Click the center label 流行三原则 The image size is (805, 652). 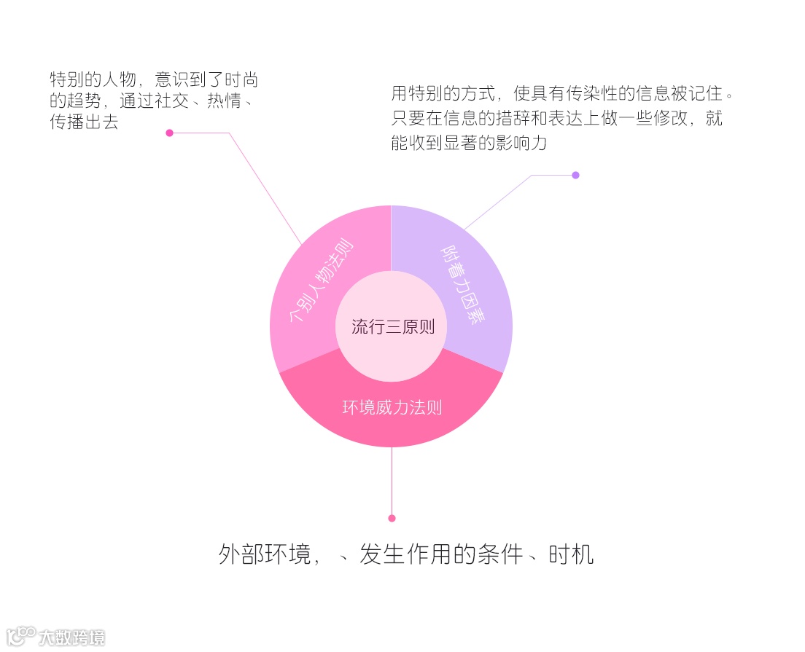click(392, 326)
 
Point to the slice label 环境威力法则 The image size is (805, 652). click(392, 407)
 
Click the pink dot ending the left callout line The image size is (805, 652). click(169, 133)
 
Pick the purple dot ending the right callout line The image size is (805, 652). click(575, 175)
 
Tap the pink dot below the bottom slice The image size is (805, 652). click(392, 518)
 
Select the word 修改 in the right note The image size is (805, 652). click(669, 118)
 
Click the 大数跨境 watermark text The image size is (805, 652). click(72, 637)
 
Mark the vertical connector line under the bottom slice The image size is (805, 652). click(392, 481)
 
